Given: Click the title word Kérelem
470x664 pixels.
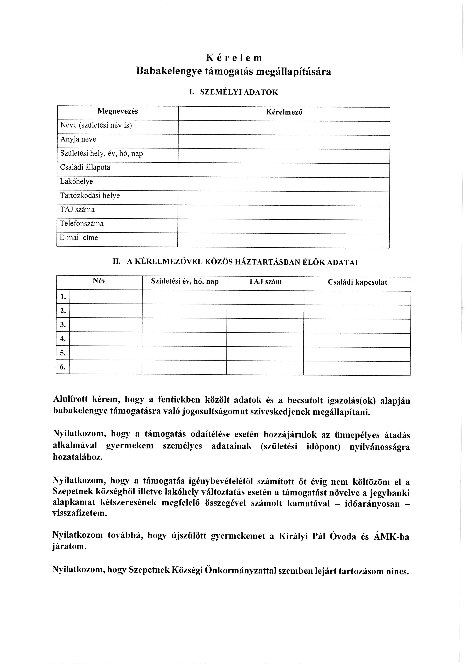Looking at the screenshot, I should (x=234, y=58).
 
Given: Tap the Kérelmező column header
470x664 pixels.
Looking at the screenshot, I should (x=284, y=112).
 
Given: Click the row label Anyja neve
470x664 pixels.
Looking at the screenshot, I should (x=78, y=139).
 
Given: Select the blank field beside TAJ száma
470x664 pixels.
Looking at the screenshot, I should (x=284, y=213).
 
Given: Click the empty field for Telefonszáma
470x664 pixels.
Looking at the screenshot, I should (x=284, y=227).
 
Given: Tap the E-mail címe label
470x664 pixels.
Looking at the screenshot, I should (x=79, y=238).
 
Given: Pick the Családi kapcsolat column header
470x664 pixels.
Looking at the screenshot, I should (x=357, y=282).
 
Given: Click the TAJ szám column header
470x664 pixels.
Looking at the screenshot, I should (x=265, y=282).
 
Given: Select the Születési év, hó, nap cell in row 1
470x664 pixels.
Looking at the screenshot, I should (x=184, y=297).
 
